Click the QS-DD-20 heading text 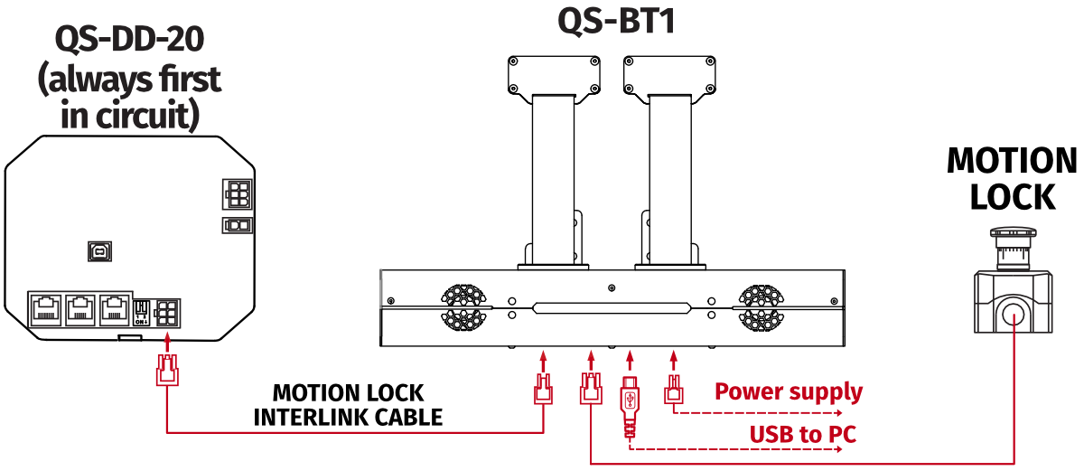coord(128,39)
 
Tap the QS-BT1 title coord(616,20)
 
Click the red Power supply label coord(788,392)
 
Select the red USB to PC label coord(802,435)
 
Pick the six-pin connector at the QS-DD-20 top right coord(237,193)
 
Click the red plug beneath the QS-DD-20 coord(167,372)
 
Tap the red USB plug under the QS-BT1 coord(631,400)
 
